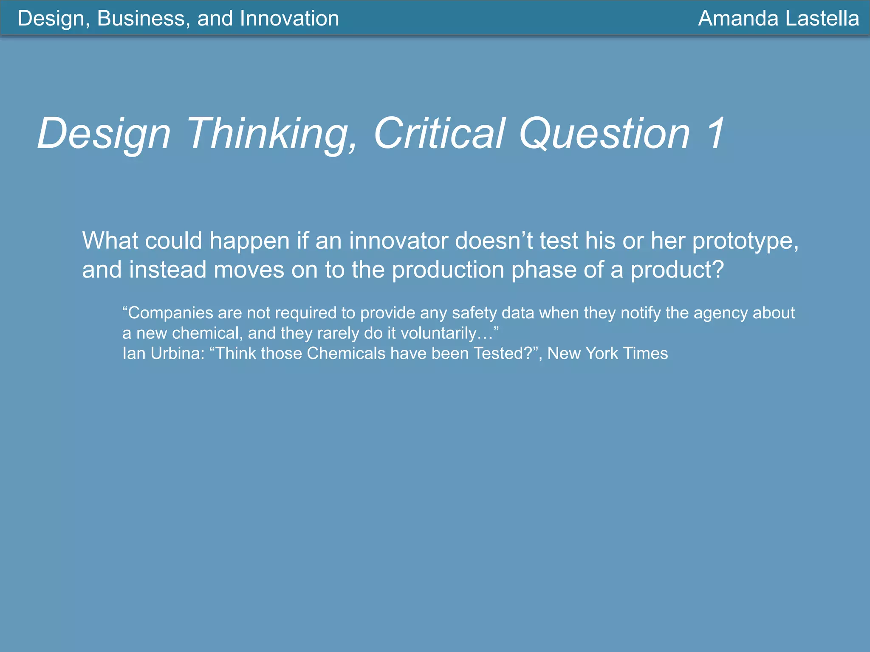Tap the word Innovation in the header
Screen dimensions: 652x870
click(289, 19)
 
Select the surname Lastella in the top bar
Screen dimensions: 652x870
click(822, 19)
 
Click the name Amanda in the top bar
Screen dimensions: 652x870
click(738, 19)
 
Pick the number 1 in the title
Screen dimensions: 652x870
click(715, 134)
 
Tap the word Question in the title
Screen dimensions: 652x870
click(604, 134)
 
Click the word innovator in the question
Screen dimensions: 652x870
click(398, 241)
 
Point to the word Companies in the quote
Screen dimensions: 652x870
click(167, 313)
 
